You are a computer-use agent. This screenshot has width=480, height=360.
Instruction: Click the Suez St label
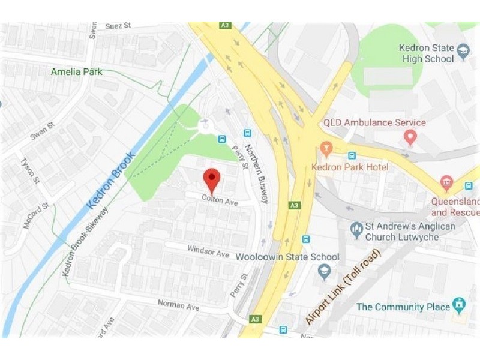(118, 26)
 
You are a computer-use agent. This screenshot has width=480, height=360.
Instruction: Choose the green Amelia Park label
(76, 71)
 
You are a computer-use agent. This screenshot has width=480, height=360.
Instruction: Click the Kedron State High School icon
(463, 52)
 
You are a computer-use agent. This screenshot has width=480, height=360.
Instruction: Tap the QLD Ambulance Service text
(374, 122)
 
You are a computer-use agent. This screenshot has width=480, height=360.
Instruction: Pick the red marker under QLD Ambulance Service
(410, 139)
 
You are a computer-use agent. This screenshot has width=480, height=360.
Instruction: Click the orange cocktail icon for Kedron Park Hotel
(326, 148)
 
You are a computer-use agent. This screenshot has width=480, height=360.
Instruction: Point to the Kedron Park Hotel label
(350, 166)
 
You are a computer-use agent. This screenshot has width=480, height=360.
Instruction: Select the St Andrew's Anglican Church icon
(356, 227)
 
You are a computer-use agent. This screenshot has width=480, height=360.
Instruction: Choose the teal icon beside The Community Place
(460, 305)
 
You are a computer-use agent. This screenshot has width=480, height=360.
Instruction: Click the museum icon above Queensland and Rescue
(446, 182)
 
